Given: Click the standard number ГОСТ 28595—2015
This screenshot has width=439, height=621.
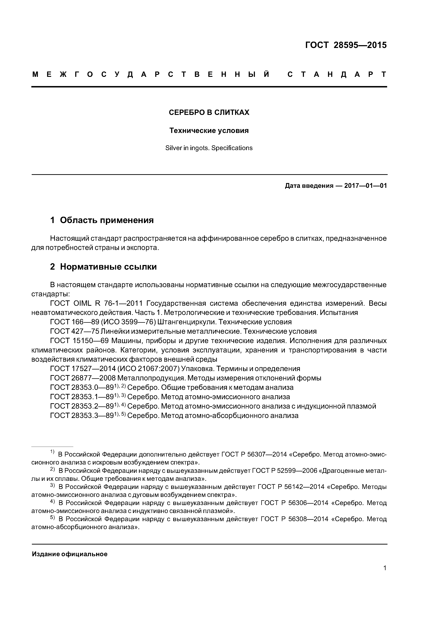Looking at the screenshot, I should click(346, 45).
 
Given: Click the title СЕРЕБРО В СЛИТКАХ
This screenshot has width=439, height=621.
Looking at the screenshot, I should click(209, 113).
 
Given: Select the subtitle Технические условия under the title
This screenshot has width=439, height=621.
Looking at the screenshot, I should click(209, 131).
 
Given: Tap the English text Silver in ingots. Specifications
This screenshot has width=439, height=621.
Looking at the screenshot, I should click(209, 148).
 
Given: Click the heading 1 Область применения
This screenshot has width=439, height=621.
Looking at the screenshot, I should click(102, 220).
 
